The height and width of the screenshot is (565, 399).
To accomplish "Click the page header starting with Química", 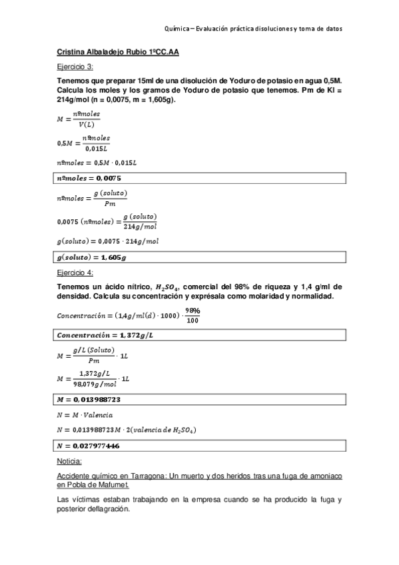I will point(252,29).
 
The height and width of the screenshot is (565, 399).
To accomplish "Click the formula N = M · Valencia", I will point(87,414).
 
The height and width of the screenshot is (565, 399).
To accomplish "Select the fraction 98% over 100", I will point(193,315).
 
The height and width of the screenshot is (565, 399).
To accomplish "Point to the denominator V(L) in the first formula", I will point(86,125).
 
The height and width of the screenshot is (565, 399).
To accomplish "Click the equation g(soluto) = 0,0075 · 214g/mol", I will point(108,241).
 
